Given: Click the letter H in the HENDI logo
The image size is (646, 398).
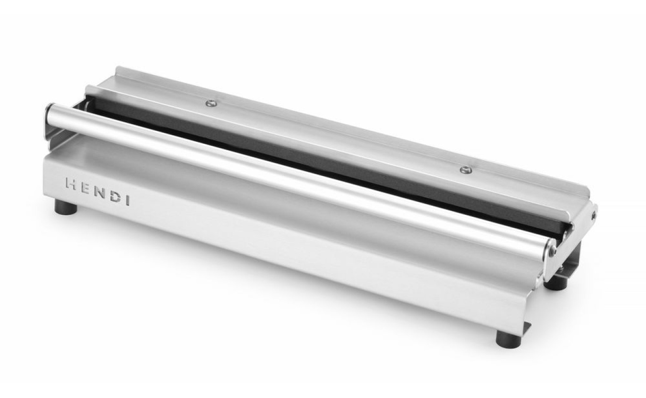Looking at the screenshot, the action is [71, 184].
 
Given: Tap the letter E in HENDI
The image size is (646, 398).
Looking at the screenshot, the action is [85, 188].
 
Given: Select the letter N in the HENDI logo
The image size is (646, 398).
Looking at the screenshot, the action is [99, 192].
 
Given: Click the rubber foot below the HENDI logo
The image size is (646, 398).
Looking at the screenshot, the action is [66, 207].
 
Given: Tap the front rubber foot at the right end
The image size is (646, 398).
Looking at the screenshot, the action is [509, 339].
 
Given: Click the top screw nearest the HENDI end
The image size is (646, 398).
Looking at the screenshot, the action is [212, 103].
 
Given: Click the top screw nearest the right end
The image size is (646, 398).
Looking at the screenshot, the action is [466, 170].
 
